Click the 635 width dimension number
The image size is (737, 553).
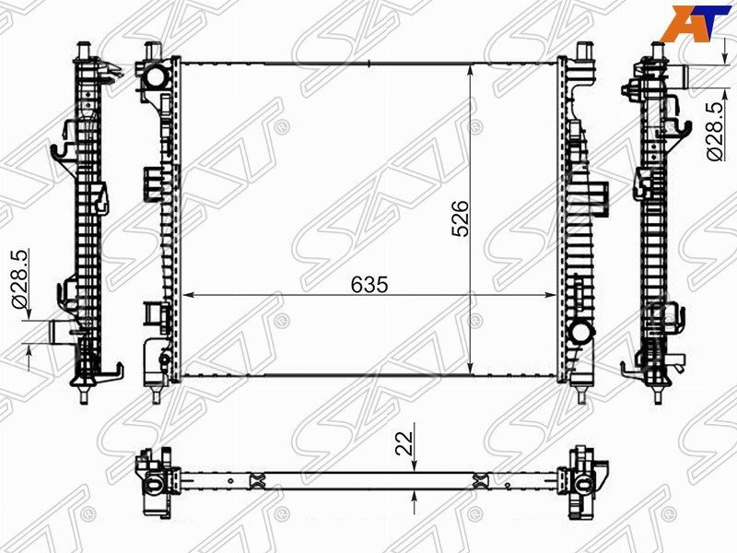point(369,285)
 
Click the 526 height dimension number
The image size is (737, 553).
point(460,218)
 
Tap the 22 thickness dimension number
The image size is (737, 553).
point(404,442)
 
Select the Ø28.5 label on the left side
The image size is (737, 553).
point(21,278)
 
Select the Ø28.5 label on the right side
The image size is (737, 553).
point(716,131)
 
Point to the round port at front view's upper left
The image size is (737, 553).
point(155,76)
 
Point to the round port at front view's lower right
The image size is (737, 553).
point(581,332)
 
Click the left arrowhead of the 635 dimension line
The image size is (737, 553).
point(188,295)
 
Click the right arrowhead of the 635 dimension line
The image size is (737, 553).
point(550,295)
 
